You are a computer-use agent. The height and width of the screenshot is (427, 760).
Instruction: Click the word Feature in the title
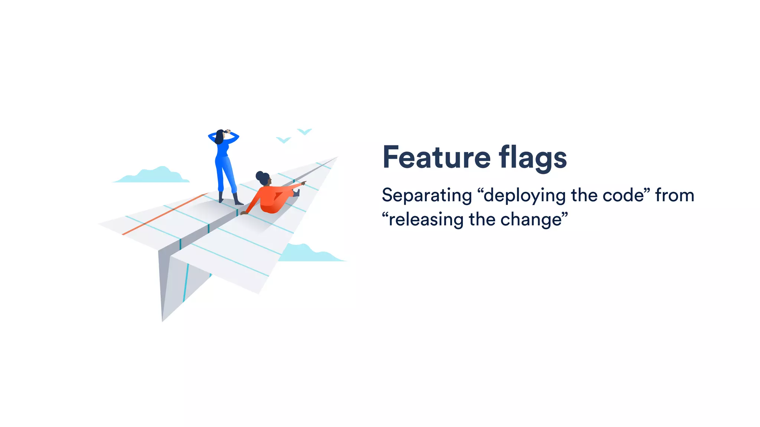point(436,157)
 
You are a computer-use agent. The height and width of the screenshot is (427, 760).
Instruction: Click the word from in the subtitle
point(675,195)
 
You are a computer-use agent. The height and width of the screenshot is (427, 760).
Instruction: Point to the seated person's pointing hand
point(303,183)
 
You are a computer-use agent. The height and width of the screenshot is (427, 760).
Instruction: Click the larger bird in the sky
point(304,131)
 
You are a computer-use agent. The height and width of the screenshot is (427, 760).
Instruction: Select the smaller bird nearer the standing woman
point(284,140)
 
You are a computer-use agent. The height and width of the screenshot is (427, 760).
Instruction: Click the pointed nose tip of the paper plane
point(336,158)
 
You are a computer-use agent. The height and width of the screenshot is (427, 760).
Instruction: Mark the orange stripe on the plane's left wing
point(163,214)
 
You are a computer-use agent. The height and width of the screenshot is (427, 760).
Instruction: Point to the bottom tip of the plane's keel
point(163,320)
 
